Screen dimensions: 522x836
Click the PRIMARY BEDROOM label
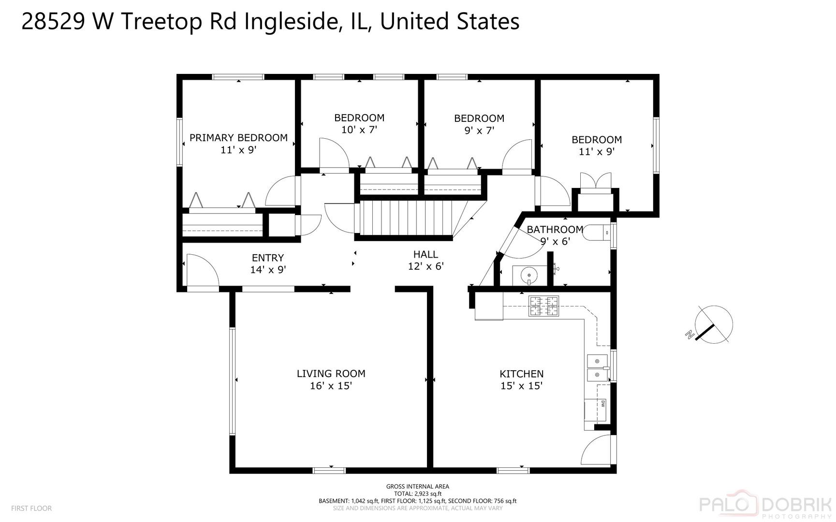[238, 138]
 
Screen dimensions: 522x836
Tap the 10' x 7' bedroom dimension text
[359, 130]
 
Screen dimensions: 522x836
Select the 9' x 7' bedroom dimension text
[479, 130]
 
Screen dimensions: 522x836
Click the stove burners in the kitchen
[543, 306]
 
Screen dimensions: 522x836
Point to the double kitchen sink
[598, 368]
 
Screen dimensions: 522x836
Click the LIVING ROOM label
[331, 374]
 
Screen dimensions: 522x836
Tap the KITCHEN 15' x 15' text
[521, 380]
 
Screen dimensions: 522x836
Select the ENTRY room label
[268, 258]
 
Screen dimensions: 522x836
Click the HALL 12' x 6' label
[425, 260]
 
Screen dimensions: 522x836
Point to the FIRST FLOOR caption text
[31, 508]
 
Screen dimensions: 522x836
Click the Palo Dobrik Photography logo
[767, 506]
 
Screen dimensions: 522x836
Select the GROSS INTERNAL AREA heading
[417, 487]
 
